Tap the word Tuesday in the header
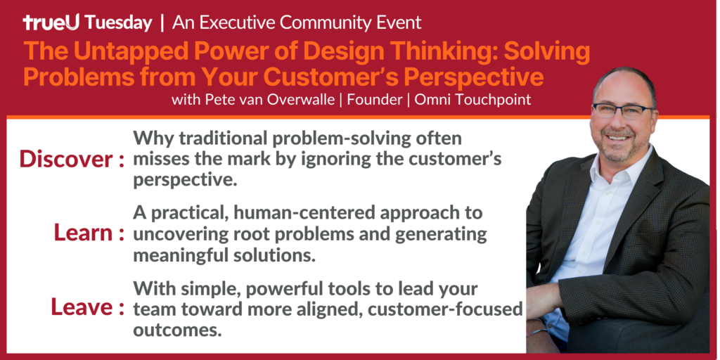coord(118,23)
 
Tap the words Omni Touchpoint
coord(472,100)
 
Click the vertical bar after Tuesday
coord(162,23)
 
